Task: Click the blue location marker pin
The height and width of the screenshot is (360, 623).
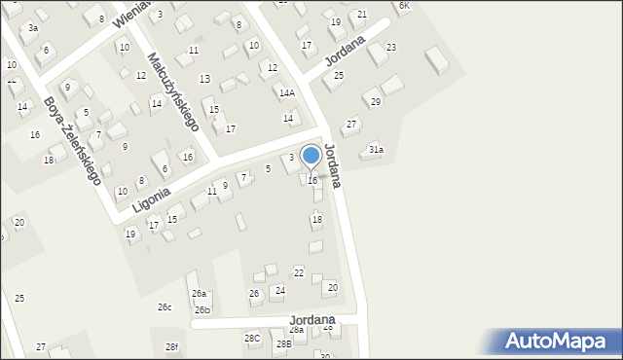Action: click(311, 156)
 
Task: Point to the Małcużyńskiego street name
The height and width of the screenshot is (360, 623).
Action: click(173, 92)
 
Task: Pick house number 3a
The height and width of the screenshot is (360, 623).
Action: click(32, 28)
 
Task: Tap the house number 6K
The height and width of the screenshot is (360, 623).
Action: click(405, 6)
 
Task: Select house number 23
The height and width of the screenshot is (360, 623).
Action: click(391, 47)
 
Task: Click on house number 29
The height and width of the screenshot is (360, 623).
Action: click(375, 101)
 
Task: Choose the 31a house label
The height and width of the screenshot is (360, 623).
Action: click(376, 150)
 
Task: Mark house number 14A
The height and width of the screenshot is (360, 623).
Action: click(286, 93)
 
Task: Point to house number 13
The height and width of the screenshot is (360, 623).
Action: click(204, 78)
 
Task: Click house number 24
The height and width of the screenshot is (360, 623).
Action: click(279, 290)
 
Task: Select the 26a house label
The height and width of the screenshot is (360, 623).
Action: click(199, 293)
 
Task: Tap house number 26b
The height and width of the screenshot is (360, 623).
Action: click(202, 310)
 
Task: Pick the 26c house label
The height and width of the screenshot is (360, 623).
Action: click(165, 307)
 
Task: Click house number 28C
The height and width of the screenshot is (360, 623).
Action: click(252, 338)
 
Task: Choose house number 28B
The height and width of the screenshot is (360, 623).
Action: click(283, 343)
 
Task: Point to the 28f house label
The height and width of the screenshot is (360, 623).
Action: click(171, 347)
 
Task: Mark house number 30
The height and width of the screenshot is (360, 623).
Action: click(325, 356)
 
